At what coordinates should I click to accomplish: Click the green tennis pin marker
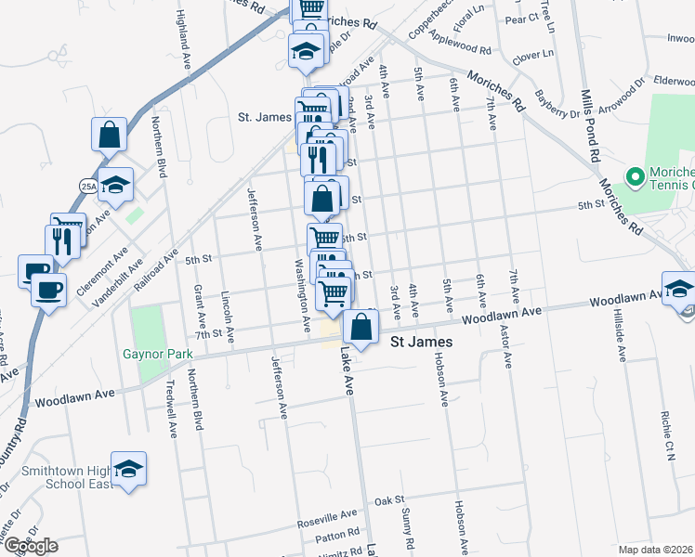click(636, 175)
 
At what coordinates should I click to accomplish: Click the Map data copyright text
click(656, 550)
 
